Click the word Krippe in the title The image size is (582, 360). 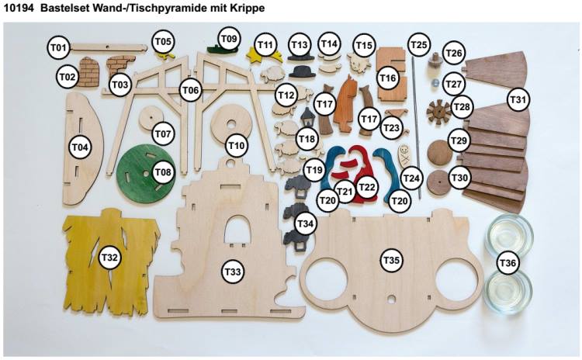(x=247, y=9)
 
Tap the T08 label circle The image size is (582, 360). (x=162, y=172)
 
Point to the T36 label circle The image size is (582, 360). (x=508, y=263)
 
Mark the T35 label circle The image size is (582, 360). (x=391, y=261)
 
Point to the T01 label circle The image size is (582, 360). (x=59, y=47)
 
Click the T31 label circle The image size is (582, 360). (x=518, y=100)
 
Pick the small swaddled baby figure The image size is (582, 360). (x=404, y=152)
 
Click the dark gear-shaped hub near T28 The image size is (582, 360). (x=439, y=112)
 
